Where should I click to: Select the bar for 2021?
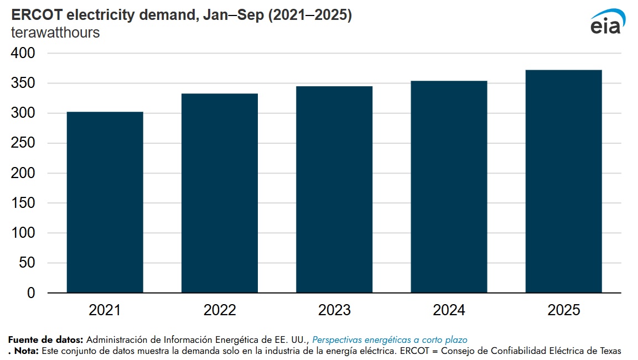point(105,202)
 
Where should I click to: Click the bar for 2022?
point(220,193)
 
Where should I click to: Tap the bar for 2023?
point(334,189)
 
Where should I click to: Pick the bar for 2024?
point(449,186)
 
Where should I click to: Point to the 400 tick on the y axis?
point(23,54)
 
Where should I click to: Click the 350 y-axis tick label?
point(23,84)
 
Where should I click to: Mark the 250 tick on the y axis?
point(23,143)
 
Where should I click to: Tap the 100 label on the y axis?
point(23,233)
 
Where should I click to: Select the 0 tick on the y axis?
point(31,293)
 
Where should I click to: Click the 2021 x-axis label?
point(105,310)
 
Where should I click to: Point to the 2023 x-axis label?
point(334,310)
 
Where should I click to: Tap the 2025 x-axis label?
point(563,310)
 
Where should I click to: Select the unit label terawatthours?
point(55,33)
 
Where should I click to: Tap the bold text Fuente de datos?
point(45,340)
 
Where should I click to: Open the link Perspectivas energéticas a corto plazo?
point(390,340)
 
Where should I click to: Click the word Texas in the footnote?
point(610,351)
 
